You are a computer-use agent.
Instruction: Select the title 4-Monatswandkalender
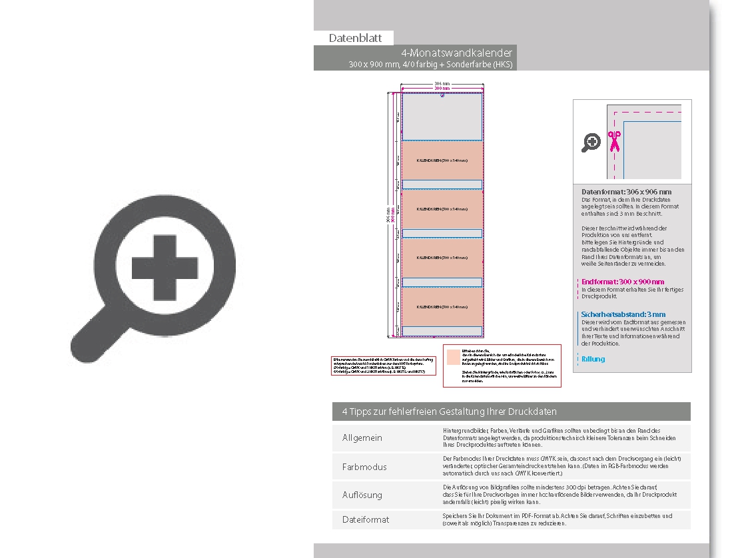tap(456, 53)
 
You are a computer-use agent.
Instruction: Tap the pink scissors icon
tap(613, 141)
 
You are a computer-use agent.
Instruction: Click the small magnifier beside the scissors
tap(591, 142)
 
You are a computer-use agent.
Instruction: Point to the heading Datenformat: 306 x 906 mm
tap(626, 192)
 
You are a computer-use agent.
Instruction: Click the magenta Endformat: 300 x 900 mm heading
tap(623, 282)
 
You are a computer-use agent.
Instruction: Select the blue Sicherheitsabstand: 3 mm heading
tap(623, 314)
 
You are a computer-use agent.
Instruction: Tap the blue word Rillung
tap(593, 359)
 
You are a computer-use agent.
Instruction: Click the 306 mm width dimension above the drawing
tap(442, 84)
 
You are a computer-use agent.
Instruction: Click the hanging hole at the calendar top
tap(442, 95)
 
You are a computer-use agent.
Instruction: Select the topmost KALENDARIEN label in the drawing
tap(442, 160)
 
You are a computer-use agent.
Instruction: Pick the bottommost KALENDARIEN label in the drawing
tap(442, 307)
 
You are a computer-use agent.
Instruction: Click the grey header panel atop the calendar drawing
tap(442, 117)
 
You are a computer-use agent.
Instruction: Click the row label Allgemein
tap(362, 438)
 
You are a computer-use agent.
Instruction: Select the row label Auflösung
tap(362, 495)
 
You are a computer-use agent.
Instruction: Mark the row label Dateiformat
tap(366, 519)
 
